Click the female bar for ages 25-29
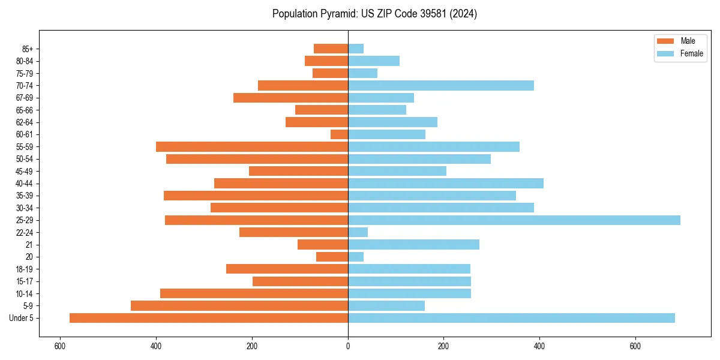514,220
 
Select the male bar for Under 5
209,318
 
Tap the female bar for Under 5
511,318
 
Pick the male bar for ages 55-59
252,147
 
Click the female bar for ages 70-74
441,86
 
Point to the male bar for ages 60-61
340,134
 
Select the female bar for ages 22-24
358,232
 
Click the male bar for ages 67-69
290,98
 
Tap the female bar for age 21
413,245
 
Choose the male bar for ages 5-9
239,306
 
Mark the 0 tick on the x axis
348,346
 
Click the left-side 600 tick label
60,346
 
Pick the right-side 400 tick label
539,346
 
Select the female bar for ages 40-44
446,184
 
